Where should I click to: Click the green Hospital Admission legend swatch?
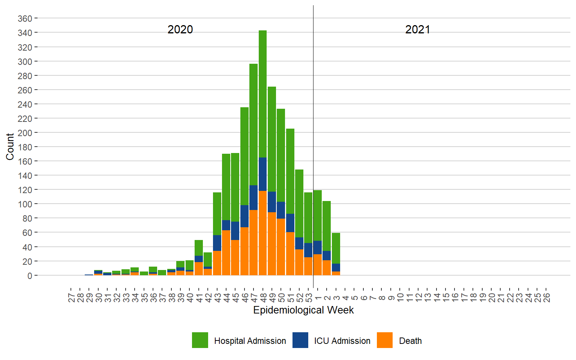(200, 340)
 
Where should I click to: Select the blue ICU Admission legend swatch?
(300, 340)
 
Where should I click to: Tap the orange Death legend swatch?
(385, 340)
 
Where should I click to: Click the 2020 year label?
(180, 30)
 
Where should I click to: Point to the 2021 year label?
(417, 30)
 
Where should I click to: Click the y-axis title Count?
(10, 147)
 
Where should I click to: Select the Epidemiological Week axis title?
(303, 310)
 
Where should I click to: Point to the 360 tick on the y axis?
(25, 19)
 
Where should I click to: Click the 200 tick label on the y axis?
(25, 133)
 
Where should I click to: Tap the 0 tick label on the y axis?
(30, 276)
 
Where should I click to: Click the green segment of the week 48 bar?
(262, 94)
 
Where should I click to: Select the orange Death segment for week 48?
(262, 232)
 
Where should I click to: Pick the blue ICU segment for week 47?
(253, 198)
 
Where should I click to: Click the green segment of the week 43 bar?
(217, 214)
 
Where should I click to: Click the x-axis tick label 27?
(71, 298)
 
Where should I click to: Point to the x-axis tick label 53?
(309, 298)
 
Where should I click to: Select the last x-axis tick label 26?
(546, 298)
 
